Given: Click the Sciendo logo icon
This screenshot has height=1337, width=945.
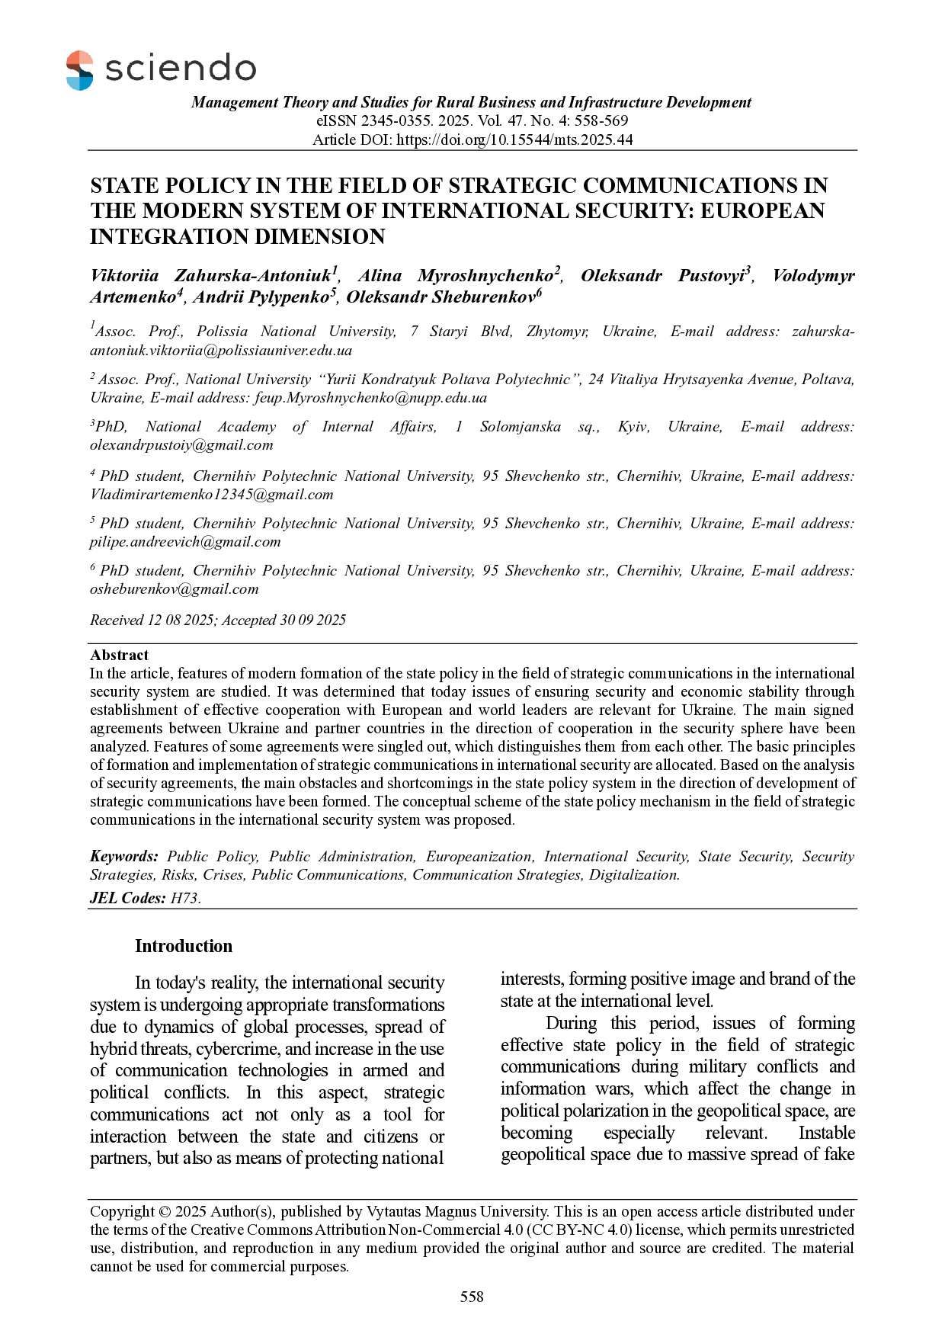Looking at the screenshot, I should coord(80,70).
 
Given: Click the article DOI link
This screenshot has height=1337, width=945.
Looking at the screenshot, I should coord(514,139).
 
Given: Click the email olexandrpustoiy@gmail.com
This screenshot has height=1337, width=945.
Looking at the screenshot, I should coord(181,445).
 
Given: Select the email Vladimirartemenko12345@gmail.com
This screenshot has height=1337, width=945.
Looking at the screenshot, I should coord(212,494).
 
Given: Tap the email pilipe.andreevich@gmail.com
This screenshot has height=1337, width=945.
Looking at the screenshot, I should coord(185,542).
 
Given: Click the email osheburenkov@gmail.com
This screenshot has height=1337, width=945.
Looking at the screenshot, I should coord(175,589).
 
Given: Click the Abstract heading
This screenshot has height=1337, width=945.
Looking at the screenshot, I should coord(119,655).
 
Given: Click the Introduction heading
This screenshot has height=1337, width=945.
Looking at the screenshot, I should coord(184,946).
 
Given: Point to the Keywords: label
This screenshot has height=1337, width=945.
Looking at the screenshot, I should coord(124,857).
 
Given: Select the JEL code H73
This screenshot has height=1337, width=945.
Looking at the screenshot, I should coord(184,898).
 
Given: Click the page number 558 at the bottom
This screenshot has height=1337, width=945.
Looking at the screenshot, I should coord(472,1297).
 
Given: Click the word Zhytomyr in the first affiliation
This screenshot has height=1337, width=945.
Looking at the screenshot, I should coord(557,332).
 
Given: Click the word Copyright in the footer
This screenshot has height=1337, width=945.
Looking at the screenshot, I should coord(122,1211).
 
